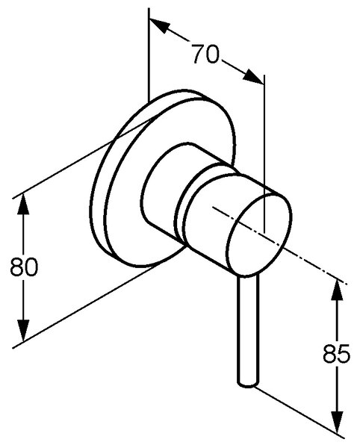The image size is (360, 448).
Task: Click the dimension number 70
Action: pos(205,54)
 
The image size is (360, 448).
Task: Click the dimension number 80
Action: pos(24,267)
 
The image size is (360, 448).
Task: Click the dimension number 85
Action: pos(336,353)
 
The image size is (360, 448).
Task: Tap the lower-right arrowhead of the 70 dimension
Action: pos(254,77)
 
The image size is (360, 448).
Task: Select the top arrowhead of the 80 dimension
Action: pos(23,205)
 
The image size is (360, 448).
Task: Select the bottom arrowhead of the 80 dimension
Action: pos(23,331)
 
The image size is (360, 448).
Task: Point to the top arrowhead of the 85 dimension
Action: pos(337,290)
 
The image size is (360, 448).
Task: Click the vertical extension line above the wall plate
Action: pos(149,55)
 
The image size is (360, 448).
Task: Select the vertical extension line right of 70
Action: pos(265,155)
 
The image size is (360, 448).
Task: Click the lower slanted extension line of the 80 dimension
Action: pos(87,306)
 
